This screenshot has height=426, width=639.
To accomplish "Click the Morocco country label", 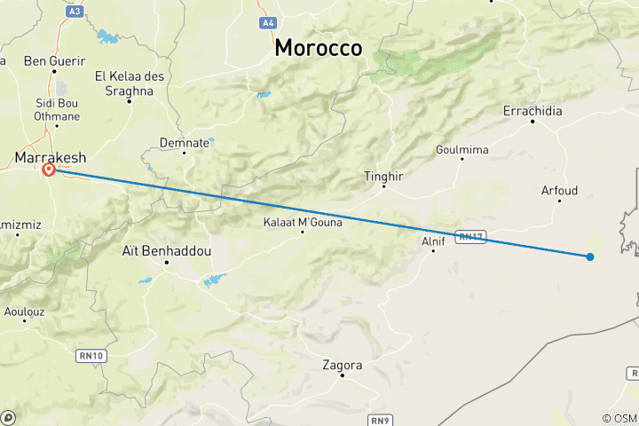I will tap(318, 48).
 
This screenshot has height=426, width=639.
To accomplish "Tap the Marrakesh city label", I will tap(51, 157).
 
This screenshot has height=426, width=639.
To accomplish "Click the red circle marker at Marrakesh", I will tap(49, 170).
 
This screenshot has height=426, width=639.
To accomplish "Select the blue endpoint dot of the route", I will tap(589, 256).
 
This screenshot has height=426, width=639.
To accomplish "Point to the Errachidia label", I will tap(532, 111).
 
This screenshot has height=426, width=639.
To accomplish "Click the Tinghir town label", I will tap(383, 177).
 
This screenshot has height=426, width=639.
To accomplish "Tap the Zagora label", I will tap(343, 365).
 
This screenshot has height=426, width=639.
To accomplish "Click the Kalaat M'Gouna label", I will tap(302, 222).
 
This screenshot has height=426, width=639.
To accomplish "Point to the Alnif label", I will tap(432, 240).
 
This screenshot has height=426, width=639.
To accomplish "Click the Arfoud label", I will tap(559, 190).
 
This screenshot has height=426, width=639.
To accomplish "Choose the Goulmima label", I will tap(461, 150).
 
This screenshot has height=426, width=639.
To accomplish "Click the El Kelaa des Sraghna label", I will tap(130, 83).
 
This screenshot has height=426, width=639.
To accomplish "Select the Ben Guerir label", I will tap(55, 61).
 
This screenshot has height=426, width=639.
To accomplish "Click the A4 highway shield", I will tap(266, 22).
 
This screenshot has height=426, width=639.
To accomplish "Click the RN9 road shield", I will tap(379, 417).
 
